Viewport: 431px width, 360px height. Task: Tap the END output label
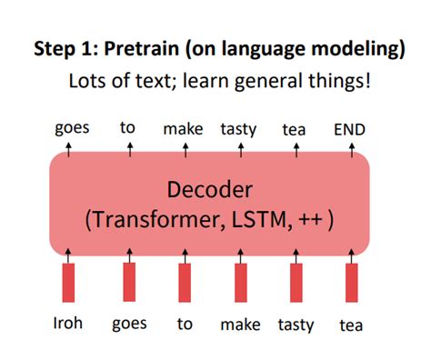(350, 130)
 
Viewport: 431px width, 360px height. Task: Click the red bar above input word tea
(351, 283)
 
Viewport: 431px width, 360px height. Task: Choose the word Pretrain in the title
(149, 49)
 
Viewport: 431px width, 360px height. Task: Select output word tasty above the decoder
(238, 130)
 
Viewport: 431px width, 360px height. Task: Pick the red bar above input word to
(185, 283)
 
